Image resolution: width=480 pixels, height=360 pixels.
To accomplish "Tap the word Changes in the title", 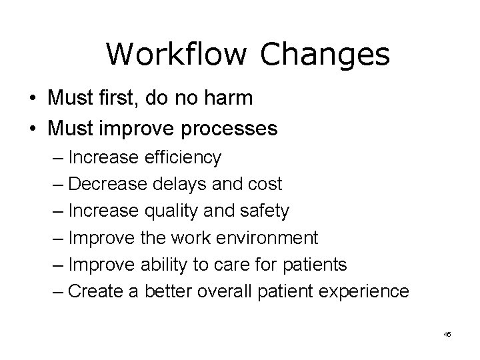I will (x=325, y=53).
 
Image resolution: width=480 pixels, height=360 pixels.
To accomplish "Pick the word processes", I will (x=229, y=128).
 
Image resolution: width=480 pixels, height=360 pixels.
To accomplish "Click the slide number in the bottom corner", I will (x=447, y=333).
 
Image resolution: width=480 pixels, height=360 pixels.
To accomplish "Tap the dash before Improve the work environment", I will (x=57, y=238).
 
